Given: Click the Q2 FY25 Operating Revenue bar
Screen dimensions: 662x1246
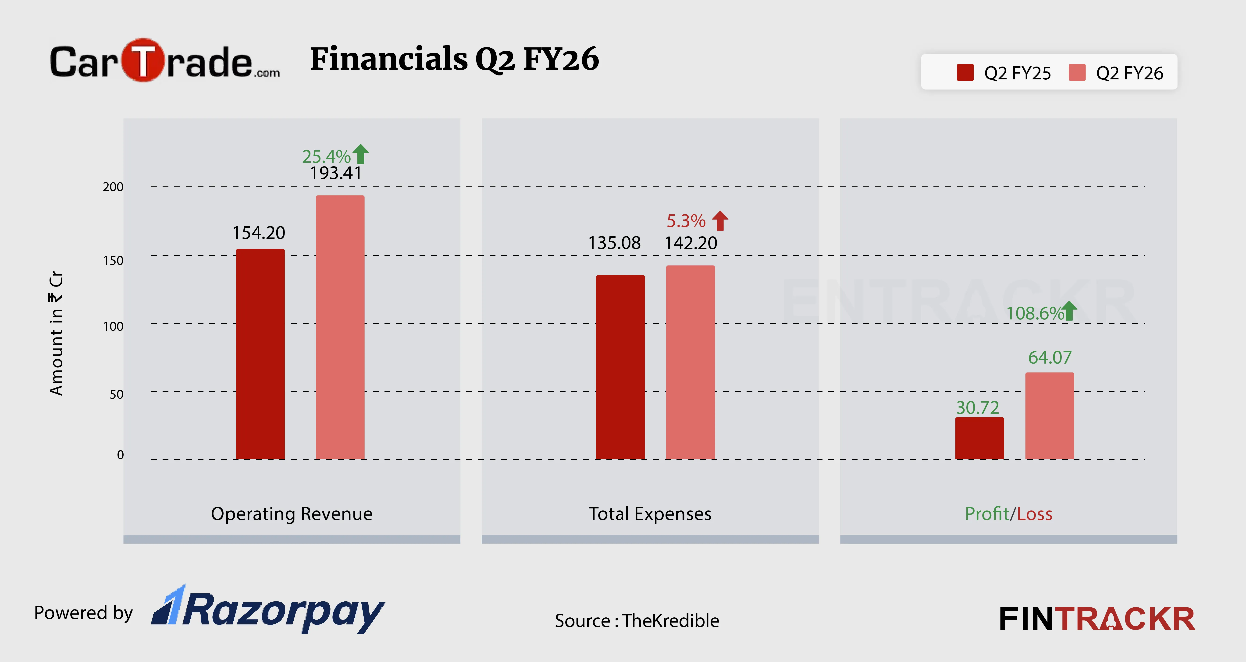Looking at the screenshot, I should click(x=260, y=354).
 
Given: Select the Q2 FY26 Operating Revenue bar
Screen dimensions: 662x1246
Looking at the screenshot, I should click(x=340, y=327).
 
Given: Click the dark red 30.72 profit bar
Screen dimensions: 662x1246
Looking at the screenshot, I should click(x=979, y=438).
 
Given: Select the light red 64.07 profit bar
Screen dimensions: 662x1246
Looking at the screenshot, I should click(x=1050, y=416).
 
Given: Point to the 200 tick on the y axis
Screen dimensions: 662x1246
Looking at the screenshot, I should click(x=113, y=187).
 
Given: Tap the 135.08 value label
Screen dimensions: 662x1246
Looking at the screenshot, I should click(x=614, y=243).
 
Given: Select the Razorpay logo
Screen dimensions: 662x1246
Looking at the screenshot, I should click(x=268, y=610).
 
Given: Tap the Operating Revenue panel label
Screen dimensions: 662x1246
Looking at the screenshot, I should click(x=292, y=513).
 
